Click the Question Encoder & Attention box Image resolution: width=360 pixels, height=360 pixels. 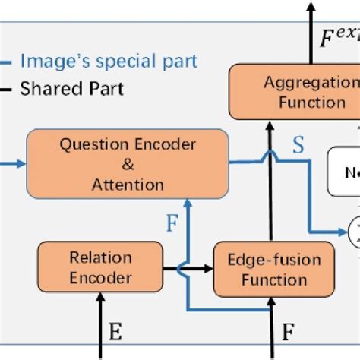(128, 164)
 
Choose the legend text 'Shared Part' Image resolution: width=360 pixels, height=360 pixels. (71, 89)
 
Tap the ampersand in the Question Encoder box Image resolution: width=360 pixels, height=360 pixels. (128, 164)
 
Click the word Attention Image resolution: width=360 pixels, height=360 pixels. (128, 184)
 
